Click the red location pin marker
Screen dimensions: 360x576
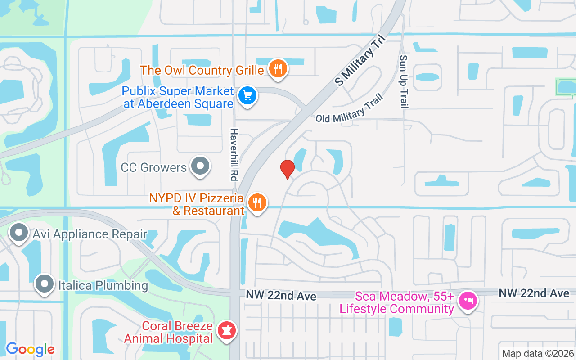pyautogui.click(x=287, y=169)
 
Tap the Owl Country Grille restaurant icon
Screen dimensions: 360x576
pyautogui.click(x=279, y=69)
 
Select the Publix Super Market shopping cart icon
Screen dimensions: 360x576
pyautogui.click(x=247, y=95)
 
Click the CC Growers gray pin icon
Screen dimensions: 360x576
pyautogui.click(x=200, y=166)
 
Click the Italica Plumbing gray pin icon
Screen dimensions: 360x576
pyautogui.click(x=45, y=283)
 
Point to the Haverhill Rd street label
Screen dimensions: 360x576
pyautogui.click(x=234, y=154)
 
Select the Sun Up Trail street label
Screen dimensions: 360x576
pyautogui.click(x=404, y=81)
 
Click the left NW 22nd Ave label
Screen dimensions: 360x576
pyautogui.click(x=281, y=295)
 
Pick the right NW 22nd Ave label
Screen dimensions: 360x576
pyautogui.click(x=534, y=293)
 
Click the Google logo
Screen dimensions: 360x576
pyautogui.click(x=30, y=349)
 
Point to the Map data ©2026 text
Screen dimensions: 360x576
pyautogui.click(x=537, y=353)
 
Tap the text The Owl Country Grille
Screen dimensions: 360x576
pyautogui.click(x=202, y=70)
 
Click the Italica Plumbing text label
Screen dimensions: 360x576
pyautogui.click(x=103, y=285)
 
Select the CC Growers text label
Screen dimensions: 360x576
pyautogui.click(x=154, y=168)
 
